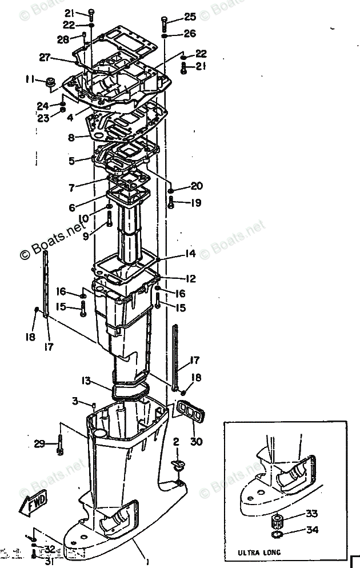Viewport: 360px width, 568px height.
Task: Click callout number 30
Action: pos(197,441)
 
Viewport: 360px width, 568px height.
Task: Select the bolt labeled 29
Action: pos(59,445)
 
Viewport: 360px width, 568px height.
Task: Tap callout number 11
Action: pos(30,78)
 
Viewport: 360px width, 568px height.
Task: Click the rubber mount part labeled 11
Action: pos(48,82)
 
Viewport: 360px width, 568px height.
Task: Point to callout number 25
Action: pos(190,17)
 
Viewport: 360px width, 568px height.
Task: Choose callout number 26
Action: pos(190,34)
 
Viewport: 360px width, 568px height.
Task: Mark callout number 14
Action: pos(190,253)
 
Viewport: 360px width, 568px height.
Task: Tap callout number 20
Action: pos(197,186)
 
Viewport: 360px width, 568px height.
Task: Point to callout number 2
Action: pos(176,441)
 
